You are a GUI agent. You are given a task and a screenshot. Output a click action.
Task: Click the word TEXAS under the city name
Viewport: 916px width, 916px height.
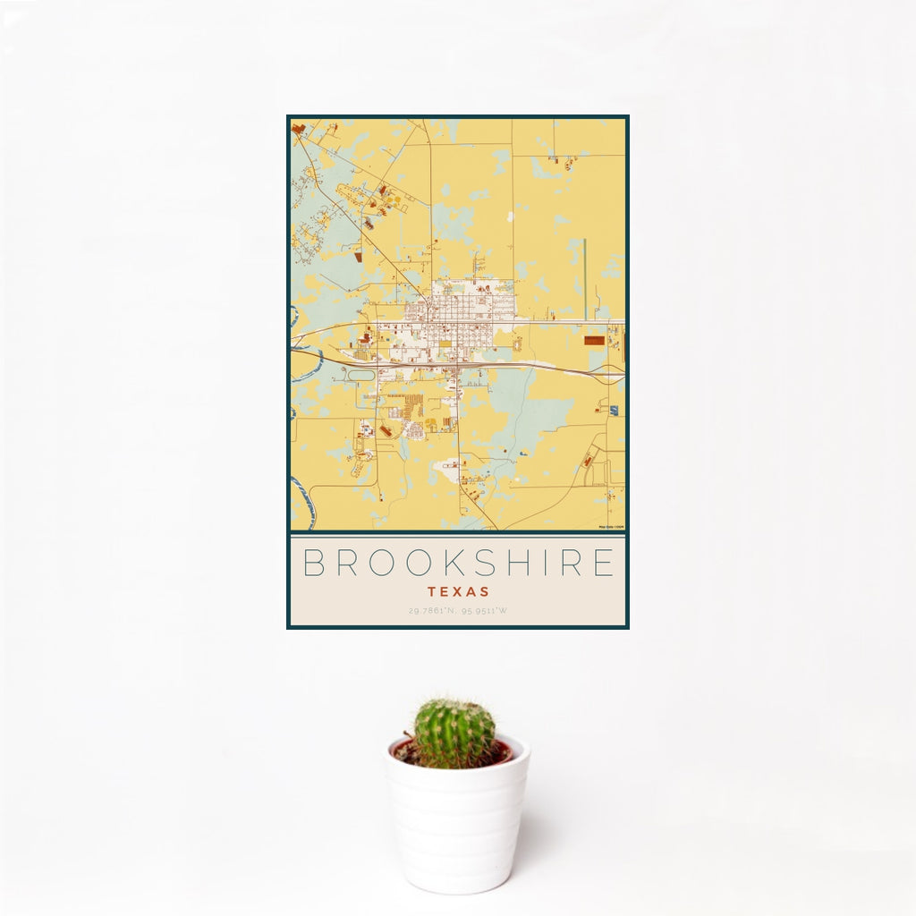click(458, 591)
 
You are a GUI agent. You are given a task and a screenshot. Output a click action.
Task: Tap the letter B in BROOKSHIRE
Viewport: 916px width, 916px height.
click(314, 563)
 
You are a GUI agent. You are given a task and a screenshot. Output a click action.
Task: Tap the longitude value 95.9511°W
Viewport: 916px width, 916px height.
click(486, 611)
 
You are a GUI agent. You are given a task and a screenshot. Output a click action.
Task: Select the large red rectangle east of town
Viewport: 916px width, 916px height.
click(593, 340)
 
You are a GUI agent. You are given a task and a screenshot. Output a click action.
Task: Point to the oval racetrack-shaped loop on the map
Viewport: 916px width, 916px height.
click(360, 376)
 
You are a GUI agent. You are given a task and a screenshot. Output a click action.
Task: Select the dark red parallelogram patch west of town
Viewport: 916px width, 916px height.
click(357, 256)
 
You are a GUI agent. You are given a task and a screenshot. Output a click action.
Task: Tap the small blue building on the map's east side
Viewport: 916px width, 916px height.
click(614, 411)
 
